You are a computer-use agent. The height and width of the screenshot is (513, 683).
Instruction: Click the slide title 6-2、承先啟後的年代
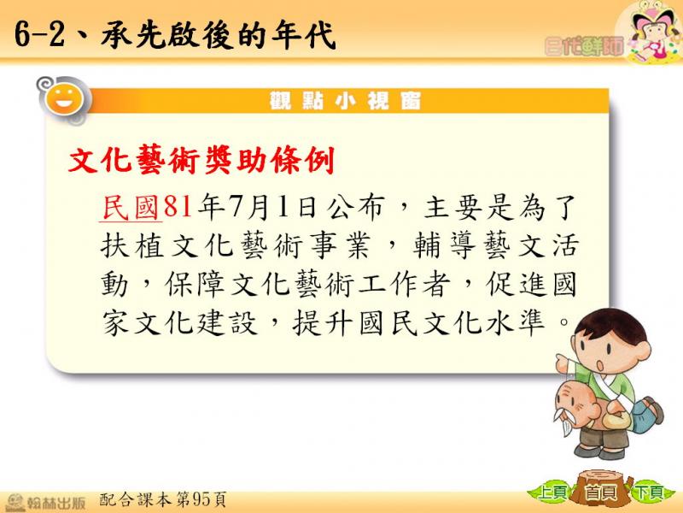[175, 34]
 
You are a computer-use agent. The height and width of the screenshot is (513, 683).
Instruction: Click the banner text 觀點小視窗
[345, 101]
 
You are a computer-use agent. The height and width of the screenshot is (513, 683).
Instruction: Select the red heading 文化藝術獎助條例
[201, 160]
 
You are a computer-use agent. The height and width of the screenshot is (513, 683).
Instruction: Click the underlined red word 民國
[131, 207]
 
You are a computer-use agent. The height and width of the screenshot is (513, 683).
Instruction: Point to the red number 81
[178, 206]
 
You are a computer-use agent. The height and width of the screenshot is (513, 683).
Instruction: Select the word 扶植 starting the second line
[132, 245]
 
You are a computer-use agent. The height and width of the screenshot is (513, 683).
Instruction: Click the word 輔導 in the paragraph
[444, 245]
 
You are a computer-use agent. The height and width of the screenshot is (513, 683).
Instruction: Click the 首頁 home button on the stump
[601, 492]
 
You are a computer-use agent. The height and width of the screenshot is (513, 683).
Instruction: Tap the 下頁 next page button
[648, 492]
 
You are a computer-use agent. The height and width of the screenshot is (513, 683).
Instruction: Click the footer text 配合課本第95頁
[163, 500]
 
